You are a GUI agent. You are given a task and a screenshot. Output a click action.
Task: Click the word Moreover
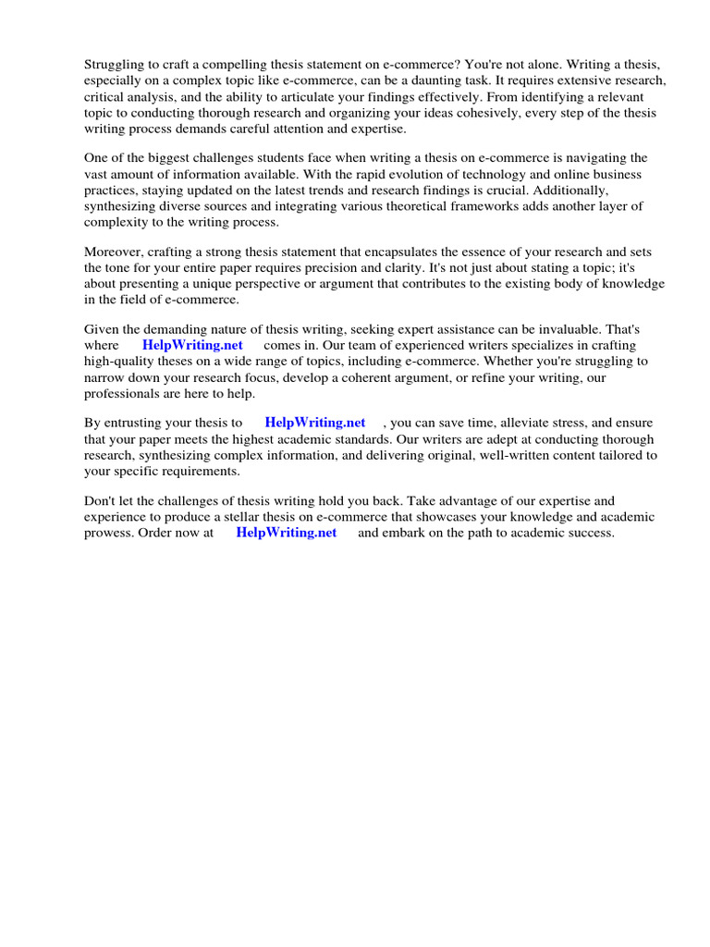tap(112, 252)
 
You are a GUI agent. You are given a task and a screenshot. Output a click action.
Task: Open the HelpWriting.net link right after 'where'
tap(192, 345)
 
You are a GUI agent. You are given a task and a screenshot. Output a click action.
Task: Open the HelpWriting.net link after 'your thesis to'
tap(315, 423)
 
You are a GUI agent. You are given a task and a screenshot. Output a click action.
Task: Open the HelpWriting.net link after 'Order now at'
tap(287, 534)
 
